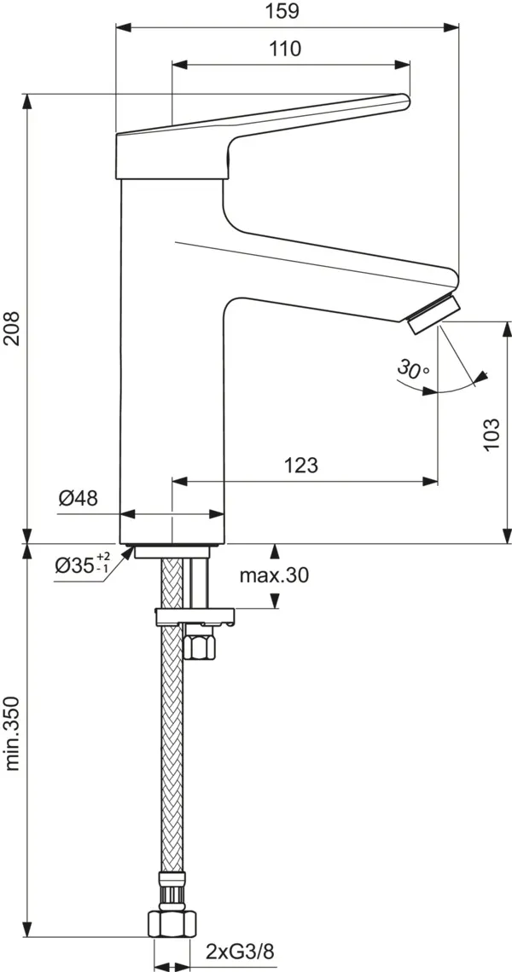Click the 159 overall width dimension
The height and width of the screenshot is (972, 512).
288,12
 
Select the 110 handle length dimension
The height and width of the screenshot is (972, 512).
287,49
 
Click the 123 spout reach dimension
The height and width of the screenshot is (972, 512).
302,466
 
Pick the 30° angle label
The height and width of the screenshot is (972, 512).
412,369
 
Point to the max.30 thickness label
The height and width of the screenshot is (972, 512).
274,576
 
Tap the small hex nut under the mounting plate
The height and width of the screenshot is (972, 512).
201,645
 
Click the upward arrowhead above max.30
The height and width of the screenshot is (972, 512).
275,549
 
